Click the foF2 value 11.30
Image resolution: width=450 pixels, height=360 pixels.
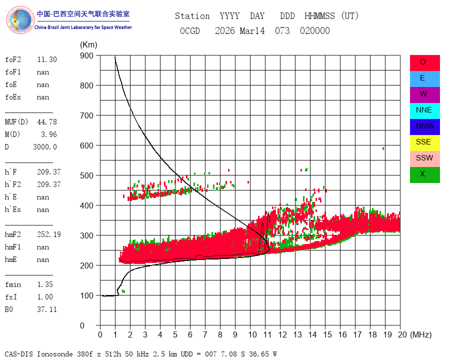(x=47, y=59)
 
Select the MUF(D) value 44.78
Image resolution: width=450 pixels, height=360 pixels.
(x=47, y=122)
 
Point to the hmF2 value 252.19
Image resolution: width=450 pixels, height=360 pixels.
(x=49, y=234)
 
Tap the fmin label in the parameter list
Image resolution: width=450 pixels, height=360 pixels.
(x=13, y=284)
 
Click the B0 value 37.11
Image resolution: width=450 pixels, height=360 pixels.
(x=47, y=309)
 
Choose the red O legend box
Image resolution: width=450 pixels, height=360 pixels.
(x=424, y=63)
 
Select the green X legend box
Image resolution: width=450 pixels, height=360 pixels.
(x=424, y=175)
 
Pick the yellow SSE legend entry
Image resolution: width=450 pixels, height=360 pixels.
(x=424, y=143)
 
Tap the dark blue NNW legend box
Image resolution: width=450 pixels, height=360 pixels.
(x=424, y=127)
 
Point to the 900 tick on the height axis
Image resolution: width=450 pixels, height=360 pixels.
(x=86, y=55)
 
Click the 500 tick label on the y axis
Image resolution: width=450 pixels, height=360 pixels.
(x=86, y=175)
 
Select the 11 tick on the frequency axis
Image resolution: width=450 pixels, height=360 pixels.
(x=267, y=334)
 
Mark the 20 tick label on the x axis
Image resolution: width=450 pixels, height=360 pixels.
(x=402, y=334)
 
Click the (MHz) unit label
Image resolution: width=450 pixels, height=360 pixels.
(x=421, y=334)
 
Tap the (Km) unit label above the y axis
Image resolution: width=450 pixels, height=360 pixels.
(x=88, y=45)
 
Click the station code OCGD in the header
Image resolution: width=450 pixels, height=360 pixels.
(x=190, y=30)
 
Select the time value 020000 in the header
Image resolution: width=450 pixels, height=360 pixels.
(x=315, y=30)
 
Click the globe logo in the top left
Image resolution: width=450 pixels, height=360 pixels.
(x=20, y=20)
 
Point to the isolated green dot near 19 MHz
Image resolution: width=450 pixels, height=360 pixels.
(x=383, y=148)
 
